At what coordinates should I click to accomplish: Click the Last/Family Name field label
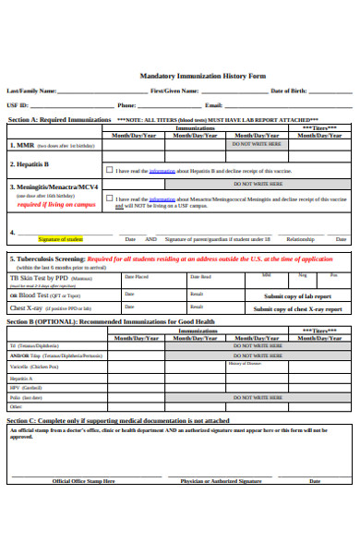(31, 91)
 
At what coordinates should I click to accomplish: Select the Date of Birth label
(290, 91)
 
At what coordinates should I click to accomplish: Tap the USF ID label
(18, 105)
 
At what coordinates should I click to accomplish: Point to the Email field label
(214, 105)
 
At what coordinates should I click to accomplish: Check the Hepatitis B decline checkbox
(109, 170)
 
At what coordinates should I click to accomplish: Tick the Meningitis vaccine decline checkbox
(109, 199)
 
